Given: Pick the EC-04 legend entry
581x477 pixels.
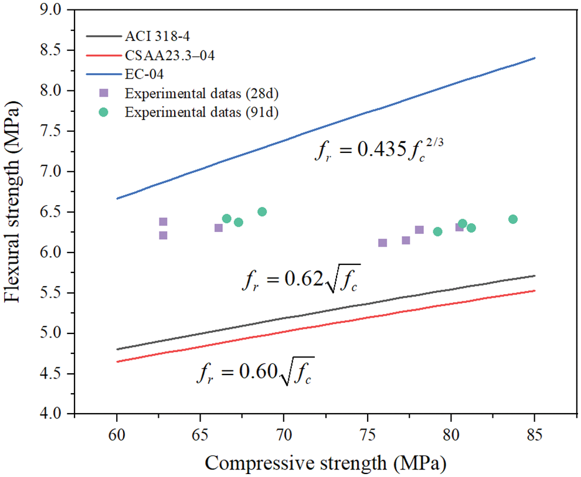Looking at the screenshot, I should [x=144, y=74].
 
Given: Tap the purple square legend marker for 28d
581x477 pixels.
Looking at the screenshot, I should [x=104, y=93].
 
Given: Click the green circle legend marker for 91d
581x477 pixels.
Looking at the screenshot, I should [x=104, y=112].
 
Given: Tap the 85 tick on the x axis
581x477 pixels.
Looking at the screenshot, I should [x=535, y=435].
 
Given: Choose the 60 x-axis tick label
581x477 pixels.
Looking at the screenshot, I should [x=117, y=435].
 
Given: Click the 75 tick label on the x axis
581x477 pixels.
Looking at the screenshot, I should [x=368, y=435].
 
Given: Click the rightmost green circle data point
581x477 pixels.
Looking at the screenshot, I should [x=513, y=219].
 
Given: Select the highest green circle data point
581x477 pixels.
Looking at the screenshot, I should [x=262, y=212].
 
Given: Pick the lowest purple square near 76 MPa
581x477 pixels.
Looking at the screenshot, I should [x=383, y=243].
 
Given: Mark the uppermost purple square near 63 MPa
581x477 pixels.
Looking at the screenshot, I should [x=163, y=222].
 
